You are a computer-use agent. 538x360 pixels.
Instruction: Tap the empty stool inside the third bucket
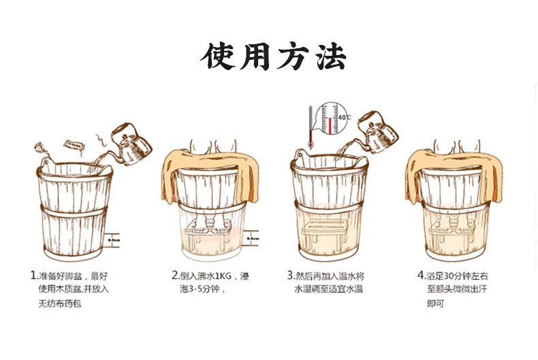pos(325,231)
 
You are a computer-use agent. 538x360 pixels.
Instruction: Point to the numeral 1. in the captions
pos(33,276)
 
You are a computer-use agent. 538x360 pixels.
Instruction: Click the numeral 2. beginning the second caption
pos(174,276)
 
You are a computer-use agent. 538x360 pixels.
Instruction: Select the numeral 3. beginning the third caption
pos(290,276)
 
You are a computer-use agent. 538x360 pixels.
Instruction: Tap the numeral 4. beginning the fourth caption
pos(420,276)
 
